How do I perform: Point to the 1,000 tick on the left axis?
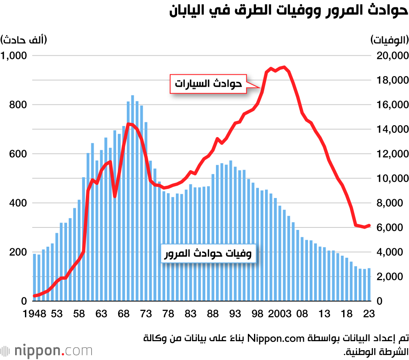pyautogui.click(x=13, y=56)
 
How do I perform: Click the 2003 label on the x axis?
pyautogui.click(x=279, y=314)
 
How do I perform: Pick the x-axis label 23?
pyautogui.click(x=369, y=314)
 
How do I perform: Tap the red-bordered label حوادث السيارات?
pyautogui.click(x=209, y=84)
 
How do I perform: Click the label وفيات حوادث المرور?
pyautogui.click(x=208, y=254)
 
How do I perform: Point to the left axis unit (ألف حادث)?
pyautogui.click(x=24, y=40)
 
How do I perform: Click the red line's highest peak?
pyautogui.click(x=284, y=67)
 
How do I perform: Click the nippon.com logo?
pyautogui.click(x=47, y=351)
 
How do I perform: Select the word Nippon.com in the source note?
pyautogui.click(x=283, y=338)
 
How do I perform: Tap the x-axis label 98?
pyautogui.click(x=257, y=314)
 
